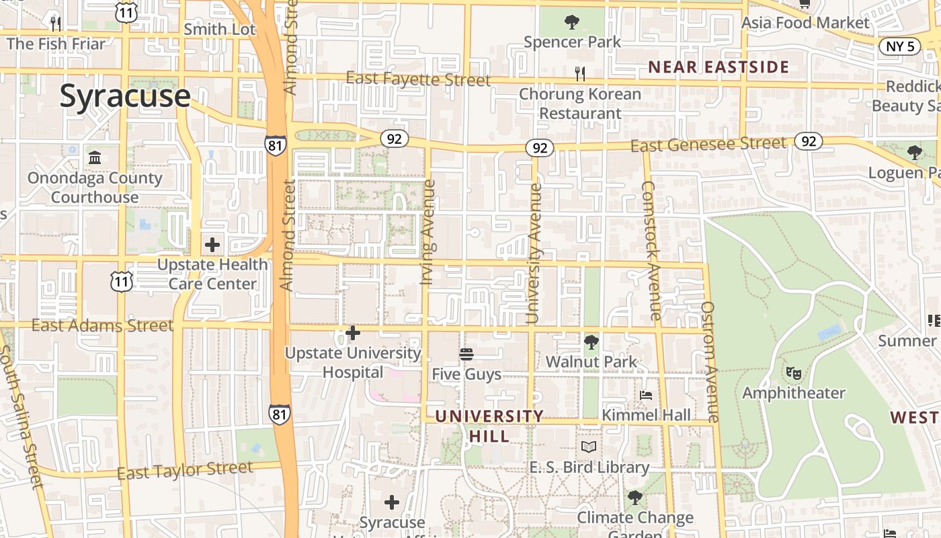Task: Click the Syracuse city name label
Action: pos(125,96)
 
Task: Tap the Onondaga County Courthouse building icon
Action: pos(95,158)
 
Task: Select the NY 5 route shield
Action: pos(900,46)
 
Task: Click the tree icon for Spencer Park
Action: pos(572,22)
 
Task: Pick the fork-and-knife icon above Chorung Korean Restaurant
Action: pos(580,73)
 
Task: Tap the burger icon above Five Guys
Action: pos(466,354)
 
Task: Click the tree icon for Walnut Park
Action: pos(591,342)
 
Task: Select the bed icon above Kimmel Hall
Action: pos(646,395)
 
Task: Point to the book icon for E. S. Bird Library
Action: pos(589,447)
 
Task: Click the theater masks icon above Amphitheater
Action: pos(793,372)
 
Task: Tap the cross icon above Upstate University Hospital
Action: pos(352,333)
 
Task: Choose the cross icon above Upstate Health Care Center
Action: pos(212,245)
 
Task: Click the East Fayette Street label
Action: pos(418,79)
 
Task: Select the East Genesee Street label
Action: pos(708,143)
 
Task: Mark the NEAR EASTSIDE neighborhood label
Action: pos(718,67)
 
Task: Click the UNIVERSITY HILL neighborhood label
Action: pos(489,426)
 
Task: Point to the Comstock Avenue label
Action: pos(651,250)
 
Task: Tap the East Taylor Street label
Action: pos(185,471)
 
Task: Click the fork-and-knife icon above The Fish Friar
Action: pos(56,24)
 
